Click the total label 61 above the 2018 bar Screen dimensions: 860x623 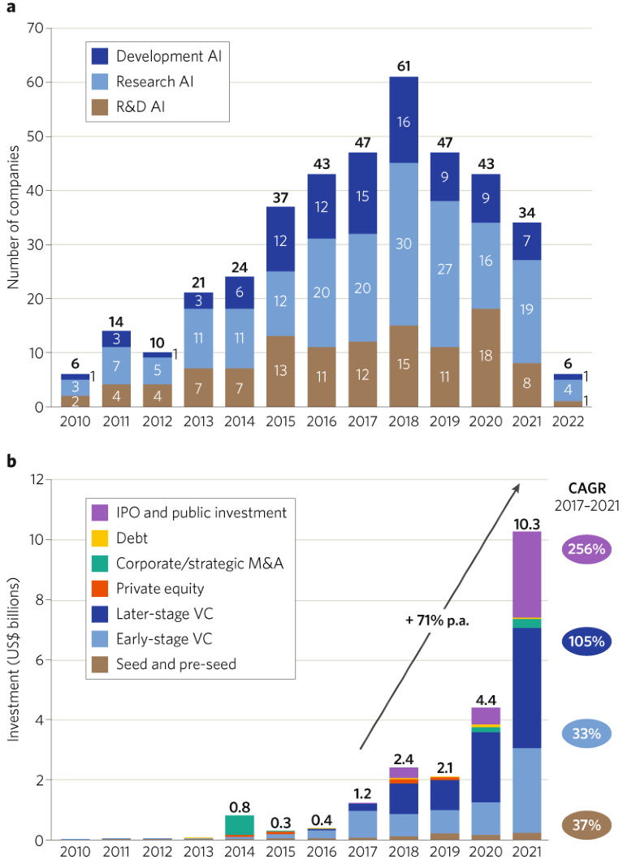click(404, 65)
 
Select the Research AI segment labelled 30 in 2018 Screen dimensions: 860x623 click(404, 244)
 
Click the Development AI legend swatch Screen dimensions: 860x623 click(99, 56)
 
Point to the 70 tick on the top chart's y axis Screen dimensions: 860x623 click(33, 28)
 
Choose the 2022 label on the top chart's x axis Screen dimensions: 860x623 click(568, 423)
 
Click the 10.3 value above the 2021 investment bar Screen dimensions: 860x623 click(527, 522)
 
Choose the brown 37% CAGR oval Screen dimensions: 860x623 click(585, 826)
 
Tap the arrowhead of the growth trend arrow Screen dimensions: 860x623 click(517, 486)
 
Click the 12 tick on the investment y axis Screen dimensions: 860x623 click(36, 479)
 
